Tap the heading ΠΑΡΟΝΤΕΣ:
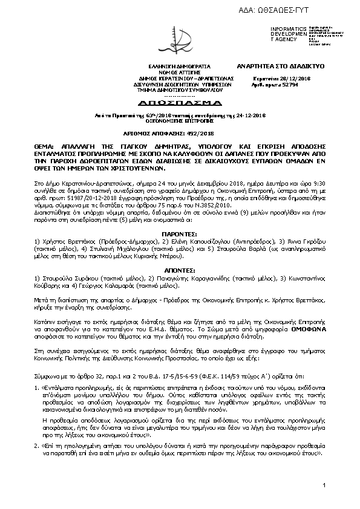(x=180, y=232)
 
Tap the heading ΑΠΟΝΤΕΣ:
(x=180, y=267)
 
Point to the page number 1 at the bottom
(x=324, y=485)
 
